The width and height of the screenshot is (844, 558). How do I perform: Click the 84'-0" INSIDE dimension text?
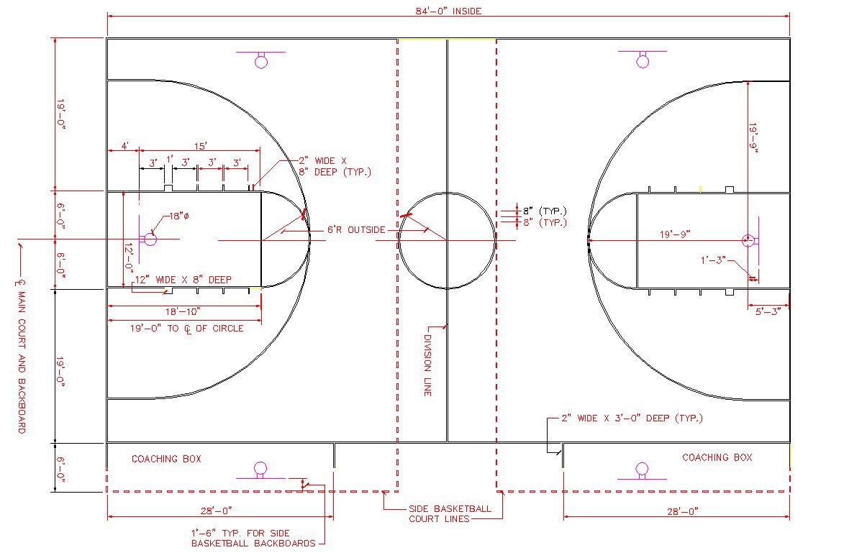pyautogui.click(x=448, y=11)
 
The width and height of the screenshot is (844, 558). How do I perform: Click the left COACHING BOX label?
pyautogui.click(x=166, y=459)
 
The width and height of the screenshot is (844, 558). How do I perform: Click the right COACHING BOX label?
pyautogui.click(x=717, y=457)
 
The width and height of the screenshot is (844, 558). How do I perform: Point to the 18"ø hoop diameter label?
pyautogui.click(x=178, y=216)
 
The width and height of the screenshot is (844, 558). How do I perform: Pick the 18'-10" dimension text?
pyautogui.click(x=179, y=311)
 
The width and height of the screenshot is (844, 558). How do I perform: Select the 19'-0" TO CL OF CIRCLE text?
pyautogui.click(x=186, y=329)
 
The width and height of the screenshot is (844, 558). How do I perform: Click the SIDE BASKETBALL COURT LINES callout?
pyautogui.click(x=450, y=513)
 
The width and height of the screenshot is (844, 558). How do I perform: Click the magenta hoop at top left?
pyautogui.click(x=261, y=61)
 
